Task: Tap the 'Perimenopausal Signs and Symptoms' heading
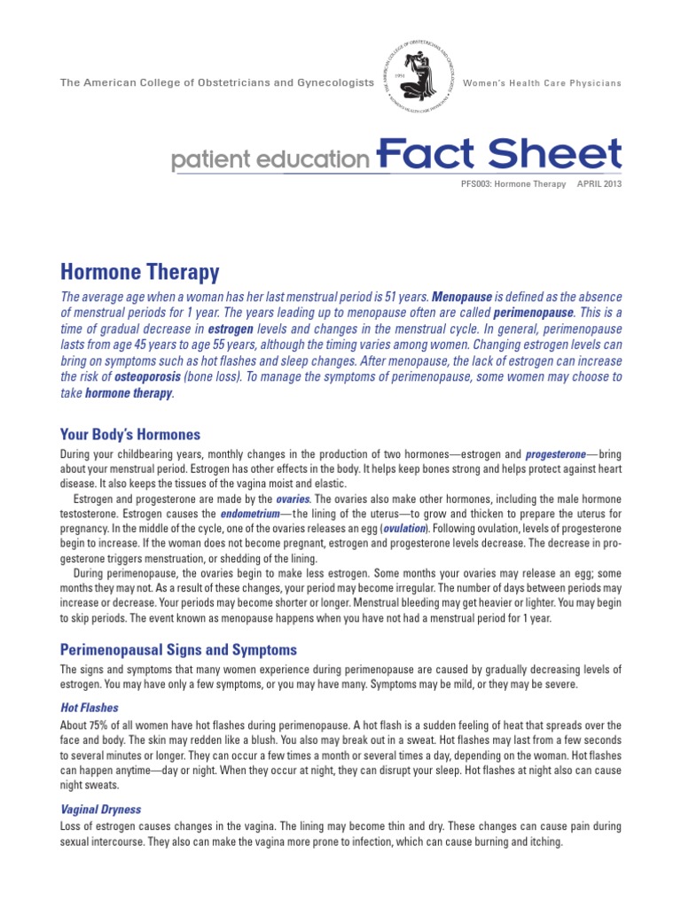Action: tap(178, 649)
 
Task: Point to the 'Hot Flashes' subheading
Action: tap(89, 709)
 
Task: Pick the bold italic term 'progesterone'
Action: tap(554, 454)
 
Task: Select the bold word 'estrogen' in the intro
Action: tap(235, 328)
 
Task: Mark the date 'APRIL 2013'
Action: tap(599, 184)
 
